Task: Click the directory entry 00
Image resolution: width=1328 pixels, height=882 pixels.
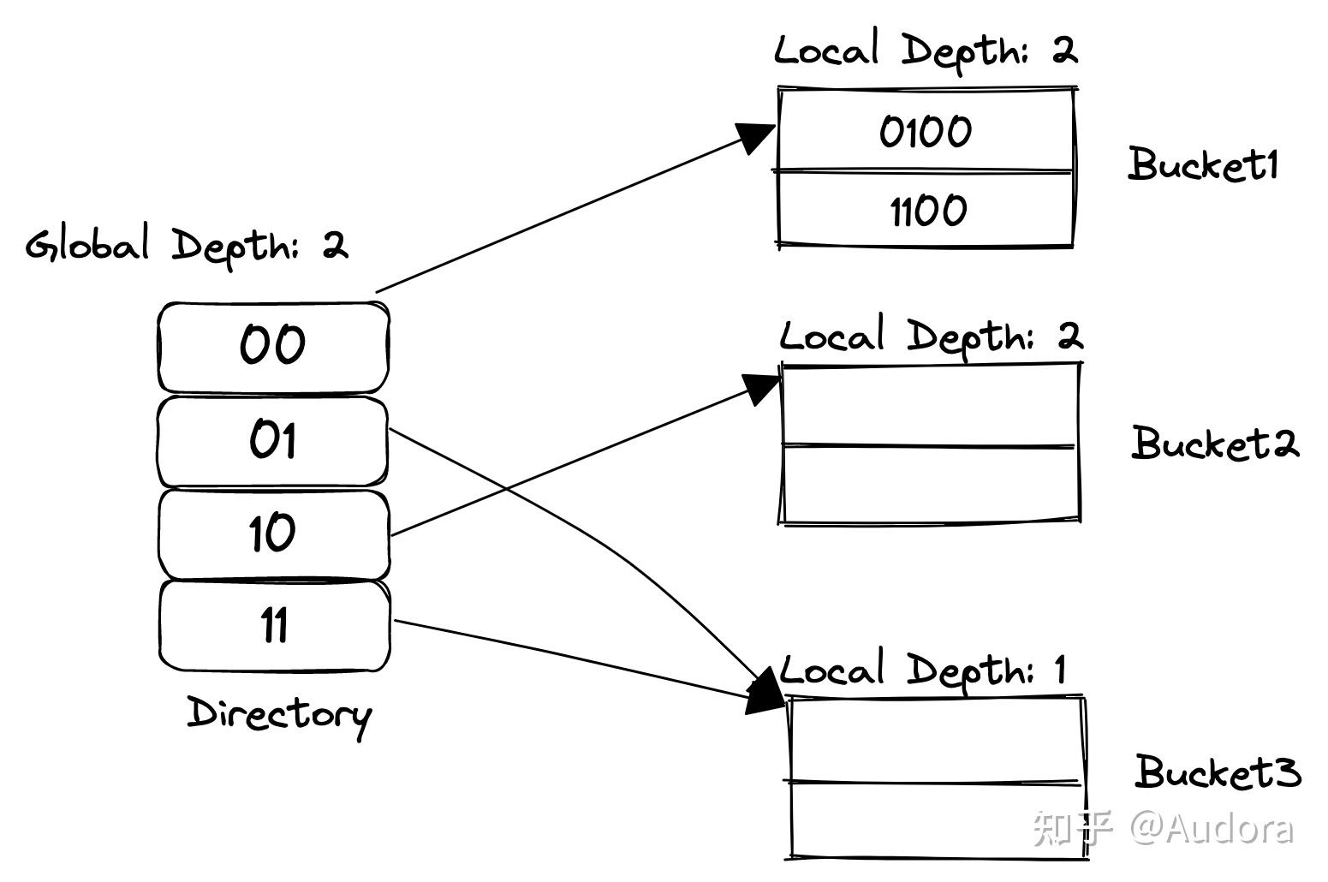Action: pos(272,346)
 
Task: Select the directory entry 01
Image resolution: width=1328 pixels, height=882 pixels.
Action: pos(272,440)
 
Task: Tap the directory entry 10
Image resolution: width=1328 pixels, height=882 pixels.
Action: pos(272,533)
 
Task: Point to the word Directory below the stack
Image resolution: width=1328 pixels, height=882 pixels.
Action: pos(279,714)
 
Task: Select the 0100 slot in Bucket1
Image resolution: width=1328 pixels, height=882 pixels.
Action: pos(925,131)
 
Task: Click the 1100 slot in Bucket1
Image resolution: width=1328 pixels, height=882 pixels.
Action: pos(925,210)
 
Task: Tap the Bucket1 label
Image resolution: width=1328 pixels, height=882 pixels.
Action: pos(1202,164)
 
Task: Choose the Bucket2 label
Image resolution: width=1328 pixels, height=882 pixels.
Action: pos(1214,444)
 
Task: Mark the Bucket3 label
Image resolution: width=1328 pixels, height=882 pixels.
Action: pos(1218,772)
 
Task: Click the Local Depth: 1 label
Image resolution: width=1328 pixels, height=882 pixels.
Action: pos(923,670)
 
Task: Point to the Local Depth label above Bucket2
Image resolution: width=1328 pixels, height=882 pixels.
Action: pos(930,336)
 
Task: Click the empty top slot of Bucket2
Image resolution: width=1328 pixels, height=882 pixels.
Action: pos(930,404)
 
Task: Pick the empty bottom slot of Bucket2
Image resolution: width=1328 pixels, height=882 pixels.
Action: pos(930,483)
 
